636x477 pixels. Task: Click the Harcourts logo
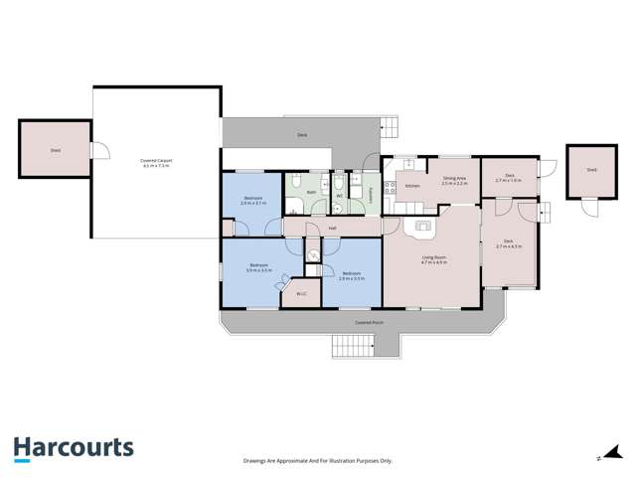click(74, 448)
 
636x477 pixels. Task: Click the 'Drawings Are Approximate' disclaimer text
click(318, 461)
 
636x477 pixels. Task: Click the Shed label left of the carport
click(55, 152)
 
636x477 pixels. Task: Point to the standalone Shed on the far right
click(591, 171)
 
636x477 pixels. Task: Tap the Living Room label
click(433, 259)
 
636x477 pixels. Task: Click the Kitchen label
click(412, 186)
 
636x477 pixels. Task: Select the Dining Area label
click(455, 182)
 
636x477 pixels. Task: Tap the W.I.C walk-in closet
click(300, 294)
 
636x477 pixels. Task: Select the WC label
click(340, 196)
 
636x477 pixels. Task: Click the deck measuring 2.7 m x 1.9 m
click(508, 177)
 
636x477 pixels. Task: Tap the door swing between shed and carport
click(98, 150)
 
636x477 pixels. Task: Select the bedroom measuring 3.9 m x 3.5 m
click(259, 267)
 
